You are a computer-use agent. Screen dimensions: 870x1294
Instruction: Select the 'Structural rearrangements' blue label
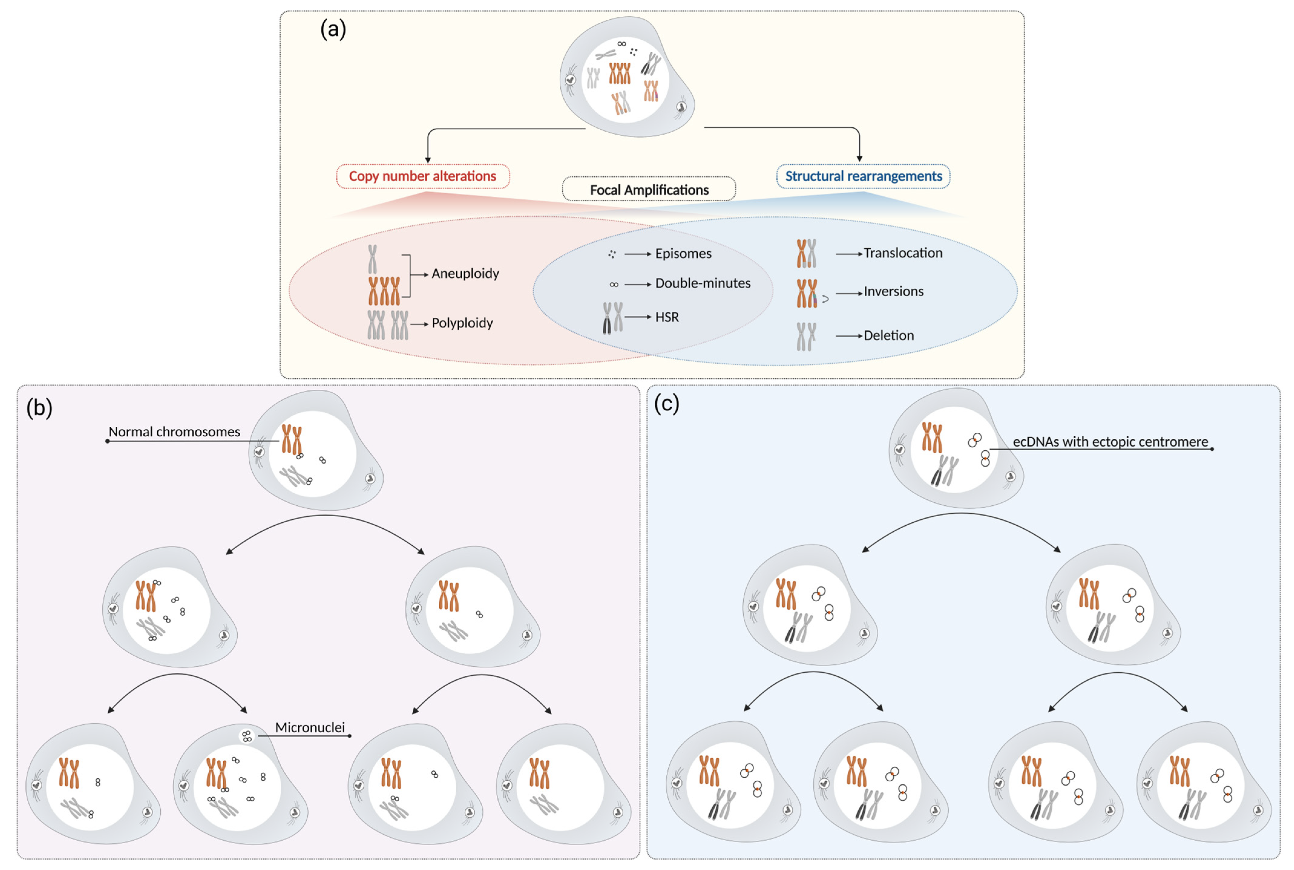[x=863, y=176]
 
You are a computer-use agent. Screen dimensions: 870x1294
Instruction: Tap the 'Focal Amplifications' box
[x=649, y=190]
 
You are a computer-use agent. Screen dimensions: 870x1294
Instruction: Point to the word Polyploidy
[x=462, y=323]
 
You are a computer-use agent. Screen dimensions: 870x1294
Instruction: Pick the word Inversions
[x=893, y=292]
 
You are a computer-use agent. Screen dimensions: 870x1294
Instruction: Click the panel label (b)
[x=39, y=408]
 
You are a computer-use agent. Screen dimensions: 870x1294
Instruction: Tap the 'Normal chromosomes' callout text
[x=174, y=432]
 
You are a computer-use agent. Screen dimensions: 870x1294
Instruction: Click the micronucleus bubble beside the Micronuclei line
[x=246, y=736]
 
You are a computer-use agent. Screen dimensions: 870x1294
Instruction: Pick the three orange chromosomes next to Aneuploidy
[x=384, y=291]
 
